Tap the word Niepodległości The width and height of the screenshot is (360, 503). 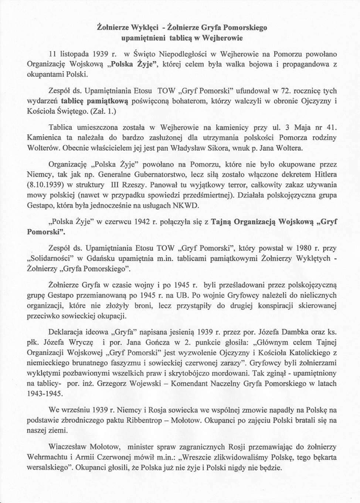[x=179, y=54]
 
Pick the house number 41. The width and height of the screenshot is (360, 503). [x=331, y=128]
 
